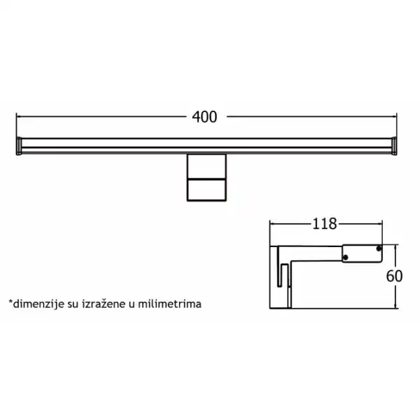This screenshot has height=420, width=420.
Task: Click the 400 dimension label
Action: [204, 117]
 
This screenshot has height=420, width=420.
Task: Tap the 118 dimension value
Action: [324, 224]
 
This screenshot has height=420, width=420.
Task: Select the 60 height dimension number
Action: [394, 276]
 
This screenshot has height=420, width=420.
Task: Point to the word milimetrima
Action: [169, 304]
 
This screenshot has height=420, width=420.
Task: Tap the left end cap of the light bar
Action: [19, 146]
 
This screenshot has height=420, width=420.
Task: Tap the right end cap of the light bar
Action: [394, 146]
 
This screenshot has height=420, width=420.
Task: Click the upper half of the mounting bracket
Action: [206, 167]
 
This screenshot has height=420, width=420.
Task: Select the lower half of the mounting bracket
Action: [206, 190]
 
